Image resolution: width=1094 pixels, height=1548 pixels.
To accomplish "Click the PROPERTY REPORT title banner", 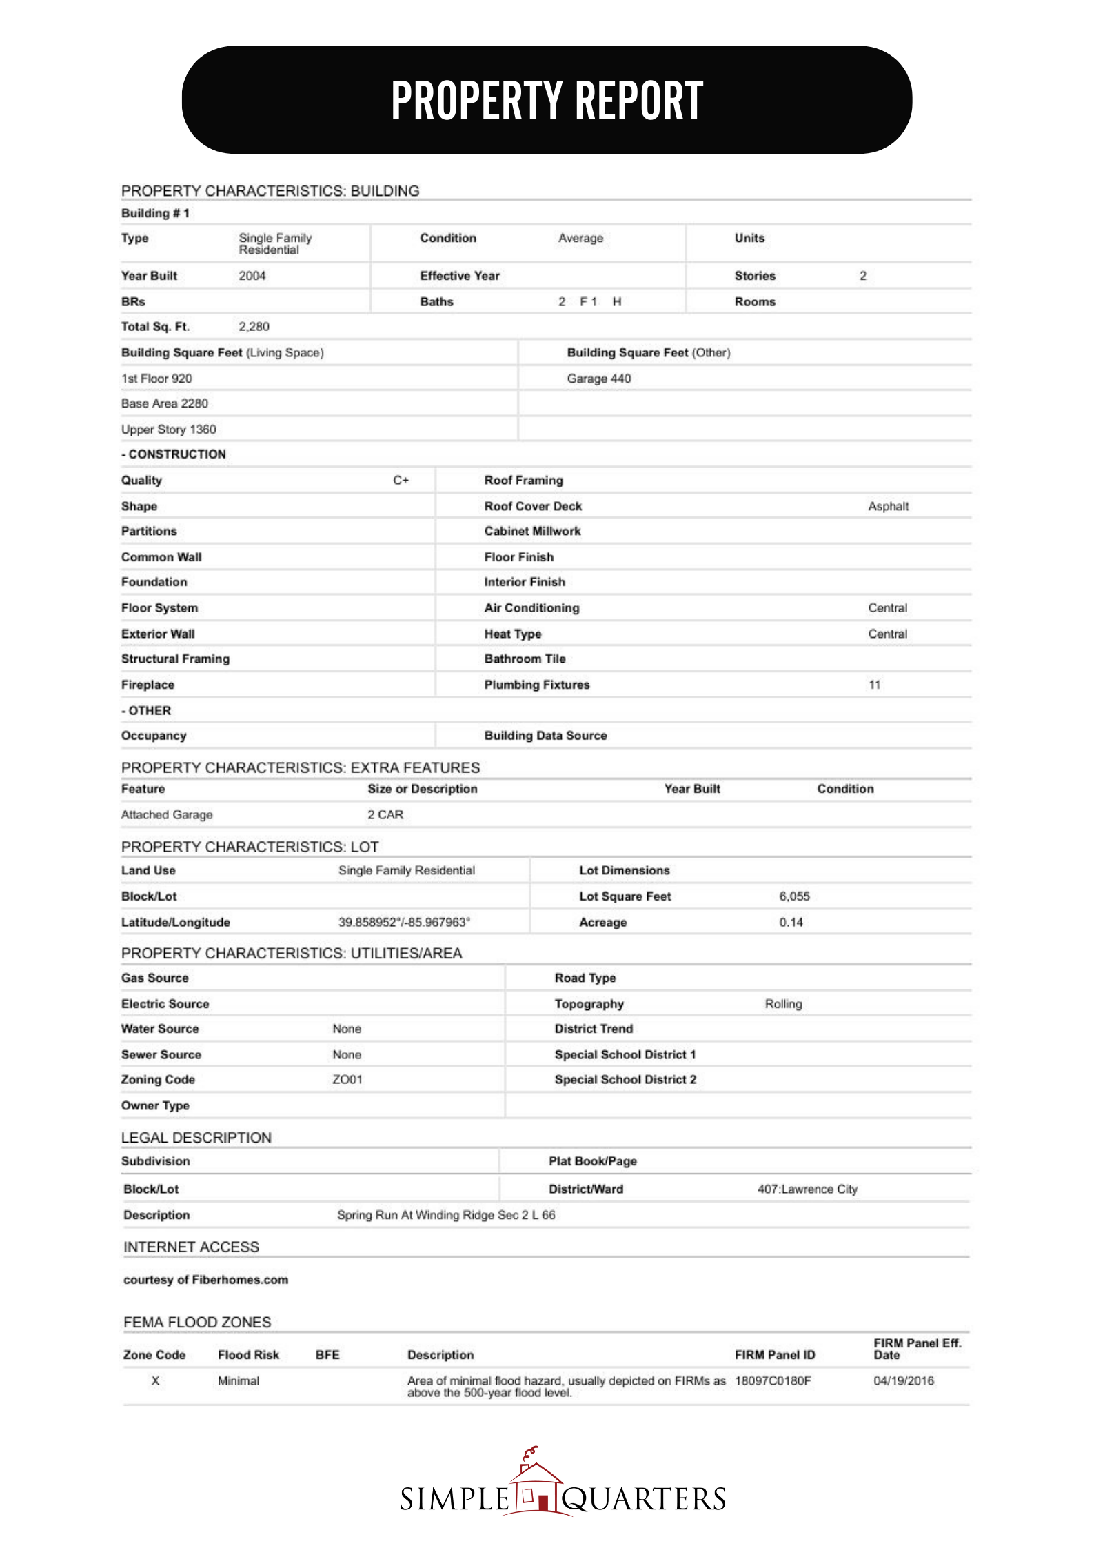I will coord(547,100).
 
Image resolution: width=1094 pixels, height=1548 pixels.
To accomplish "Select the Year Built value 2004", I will coord(252,276).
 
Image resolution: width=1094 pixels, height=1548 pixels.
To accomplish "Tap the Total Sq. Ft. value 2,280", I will coord(254,327).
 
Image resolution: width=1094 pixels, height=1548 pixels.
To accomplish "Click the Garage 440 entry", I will coord(598,379).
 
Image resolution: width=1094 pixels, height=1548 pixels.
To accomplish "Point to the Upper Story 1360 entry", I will coord(168,430).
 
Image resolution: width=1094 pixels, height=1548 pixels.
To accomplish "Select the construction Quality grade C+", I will coord(401,481).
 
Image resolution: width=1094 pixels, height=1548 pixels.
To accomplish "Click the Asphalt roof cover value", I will coord(888,507).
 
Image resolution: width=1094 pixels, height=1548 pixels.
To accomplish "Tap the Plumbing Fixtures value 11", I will coord(874,685).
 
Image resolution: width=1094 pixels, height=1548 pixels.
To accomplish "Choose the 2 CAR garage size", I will coord(385,815).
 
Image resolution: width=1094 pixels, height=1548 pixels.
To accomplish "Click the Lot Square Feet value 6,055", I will coord(794,896).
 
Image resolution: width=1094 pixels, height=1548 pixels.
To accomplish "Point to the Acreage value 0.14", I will coord(791,923).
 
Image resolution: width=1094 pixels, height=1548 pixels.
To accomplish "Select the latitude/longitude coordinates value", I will coord(404,923).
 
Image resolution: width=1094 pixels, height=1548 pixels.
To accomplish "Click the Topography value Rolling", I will coord(783,1004).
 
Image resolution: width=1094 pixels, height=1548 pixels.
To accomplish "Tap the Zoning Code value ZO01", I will coord(347,1080).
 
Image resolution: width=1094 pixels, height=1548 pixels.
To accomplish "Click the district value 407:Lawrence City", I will coord(807,1189).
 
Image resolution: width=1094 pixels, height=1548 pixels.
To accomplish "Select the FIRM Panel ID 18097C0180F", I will coord(773,1380).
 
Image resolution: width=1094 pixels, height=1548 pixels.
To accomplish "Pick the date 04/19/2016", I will coord(903,1380).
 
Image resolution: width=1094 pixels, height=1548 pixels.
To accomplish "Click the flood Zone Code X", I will coord(155,1380).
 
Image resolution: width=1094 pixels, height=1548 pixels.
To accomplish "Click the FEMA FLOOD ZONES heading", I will coord(197,1322).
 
